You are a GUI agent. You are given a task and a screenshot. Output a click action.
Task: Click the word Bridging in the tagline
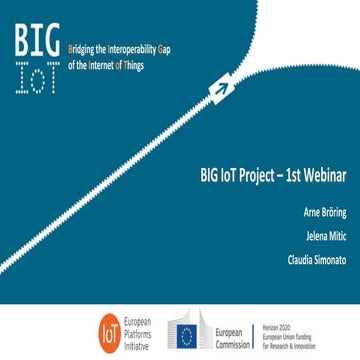click(80, 47)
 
